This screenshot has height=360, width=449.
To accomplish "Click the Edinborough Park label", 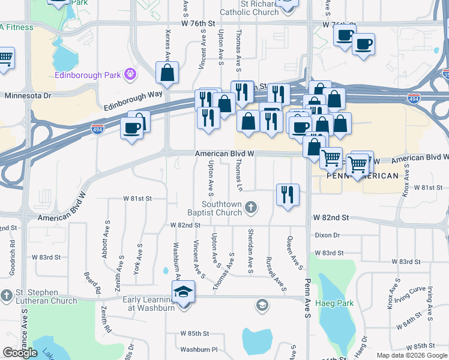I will pyautogui.click(x=88, y=75).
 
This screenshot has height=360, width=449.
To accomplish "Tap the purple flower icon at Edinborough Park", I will pyautogui.click(x=130, y=74).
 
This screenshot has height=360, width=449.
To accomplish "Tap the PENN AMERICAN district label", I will pyautogui.click(x=362, y=176).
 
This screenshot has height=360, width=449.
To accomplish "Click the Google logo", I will pyautogui.click(x=20, y=352).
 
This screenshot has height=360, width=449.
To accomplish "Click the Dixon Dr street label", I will pyautogui.click(x=328, y=236).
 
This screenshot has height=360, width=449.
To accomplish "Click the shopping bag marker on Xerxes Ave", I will pyautogui.click(x=167, y=72).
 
